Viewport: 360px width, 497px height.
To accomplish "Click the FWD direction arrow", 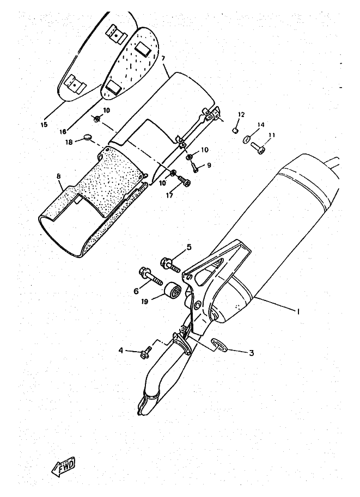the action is (63, 467).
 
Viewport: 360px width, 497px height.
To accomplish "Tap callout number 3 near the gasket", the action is (251, 353).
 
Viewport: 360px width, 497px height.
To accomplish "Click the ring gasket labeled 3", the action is (219, 345).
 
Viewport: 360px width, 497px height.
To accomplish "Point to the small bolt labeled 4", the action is (146, 352).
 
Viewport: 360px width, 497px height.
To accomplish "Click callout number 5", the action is (189, 247).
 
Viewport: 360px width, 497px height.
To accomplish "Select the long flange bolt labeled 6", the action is (150, 276).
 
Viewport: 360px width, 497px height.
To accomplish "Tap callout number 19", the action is (145, 302).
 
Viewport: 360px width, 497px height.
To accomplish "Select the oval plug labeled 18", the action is (88, 137).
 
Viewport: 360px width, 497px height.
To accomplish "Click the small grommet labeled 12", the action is (235, 130).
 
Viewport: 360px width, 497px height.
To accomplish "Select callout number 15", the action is (44, 124).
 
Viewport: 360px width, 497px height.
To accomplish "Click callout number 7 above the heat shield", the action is (163, 59).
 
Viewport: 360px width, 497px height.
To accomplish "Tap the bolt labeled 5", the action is (170, 265).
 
